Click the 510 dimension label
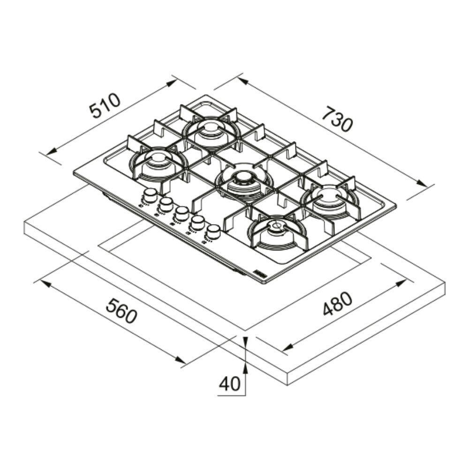(105, 106)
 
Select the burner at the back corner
(211, 133)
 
